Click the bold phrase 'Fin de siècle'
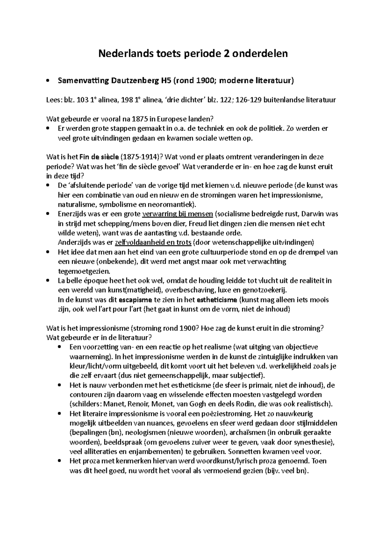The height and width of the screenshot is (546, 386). tap(101, 157)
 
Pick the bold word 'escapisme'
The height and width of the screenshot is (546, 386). tap(135, 300)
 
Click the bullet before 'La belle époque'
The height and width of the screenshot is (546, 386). tap(48, 281)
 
